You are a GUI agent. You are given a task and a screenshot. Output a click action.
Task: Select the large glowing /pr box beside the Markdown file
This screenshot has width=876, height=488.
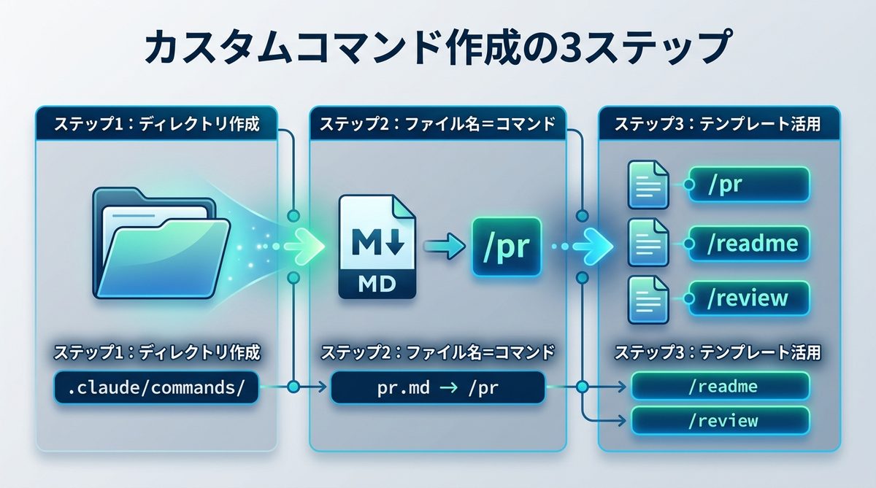[x=506, y=247]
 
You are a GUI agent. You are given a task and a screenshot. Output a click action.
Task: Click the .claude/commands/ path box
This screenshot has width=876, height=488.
[x=156, y=388]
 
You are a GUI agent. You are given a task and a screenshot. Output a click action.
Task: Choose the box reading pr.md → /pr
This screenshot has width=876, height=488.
[x=437, y=388]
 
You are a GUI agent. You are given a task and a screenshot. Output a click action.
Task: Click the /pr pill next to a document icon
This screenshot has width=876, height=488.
[x=748, y=185]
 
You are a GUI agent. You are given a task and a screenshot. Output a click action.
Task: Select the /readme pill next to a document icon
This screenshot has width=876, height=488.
[x=748, y=241]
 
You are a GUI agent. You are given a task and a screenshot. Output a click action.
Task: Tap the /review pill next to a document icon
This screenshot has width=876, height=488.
[x=748, y=298]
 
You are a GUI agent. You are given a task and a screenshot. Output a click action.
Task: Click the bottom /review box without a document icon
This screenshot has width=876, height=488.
[x=721, y=421]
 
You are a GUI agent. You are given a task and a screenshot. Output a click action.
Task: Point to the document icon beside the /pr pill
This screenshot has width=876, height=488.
[x=648, y=185]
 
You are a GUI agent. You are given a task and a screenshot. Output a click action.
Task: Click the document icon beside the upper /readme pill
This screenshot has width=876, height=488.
[x=648, y=241]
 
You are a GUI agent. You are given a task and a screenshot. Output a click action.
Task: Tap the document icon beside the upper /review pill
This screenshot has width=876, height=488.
[x=648, y=298]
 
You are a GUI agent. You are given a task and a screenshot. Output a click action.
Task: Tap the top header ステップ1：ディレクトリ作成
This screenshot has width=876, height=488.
[x=156, y=124]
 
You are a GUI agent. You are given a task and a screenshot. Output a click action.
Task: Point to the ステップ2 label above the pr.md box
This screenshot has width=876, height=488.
[x=437, y=353]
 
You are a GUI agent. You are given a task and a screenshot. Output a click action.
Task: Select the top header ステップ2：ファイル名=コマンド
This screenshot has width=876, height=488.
[x=437, y=124]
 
